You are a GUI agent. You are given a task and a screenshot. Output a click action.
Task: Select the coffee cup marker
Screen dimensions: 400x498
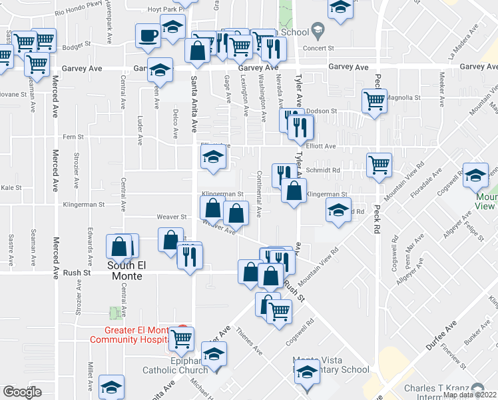[x=148, y=35]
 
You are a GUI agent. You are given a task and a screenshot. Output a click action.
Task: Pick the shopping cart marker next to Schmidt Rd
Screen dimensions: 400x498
[x=379, y=163]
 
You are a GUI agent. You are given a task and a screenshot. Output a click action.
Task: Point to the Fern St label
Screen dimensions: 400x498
[x=73, y=137]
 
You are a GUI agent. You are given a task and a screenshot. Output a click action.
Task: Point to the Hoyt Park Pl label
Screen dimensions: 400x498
[x=149, y=9]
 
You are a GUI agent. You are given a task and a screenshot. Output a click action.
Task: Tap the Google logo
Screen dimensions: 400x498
[x=22, y=391]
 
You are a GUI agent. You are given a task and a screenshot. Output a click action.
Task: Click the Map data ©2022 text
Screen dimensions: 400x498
[x=469, y=395]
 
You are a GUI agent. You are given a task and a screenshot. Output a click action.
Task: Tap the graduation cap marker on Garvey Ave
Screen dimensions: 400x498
[x=160, y=69]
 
